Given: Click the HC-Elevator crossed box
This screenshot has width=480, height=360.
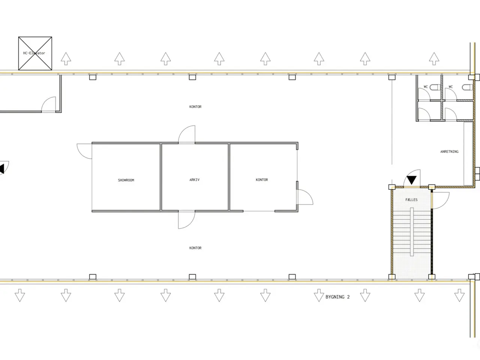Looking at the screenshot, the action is (x=35, y=53).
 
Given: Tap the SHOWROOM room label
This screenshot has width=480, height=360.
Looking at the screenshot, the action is (x=126, y=180).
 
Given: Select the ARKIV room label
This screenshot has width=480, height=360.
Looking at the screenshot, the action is (x=194, y=180).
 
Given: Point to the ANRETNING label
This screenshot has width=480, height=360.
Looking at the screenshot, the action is (x=449, y=151).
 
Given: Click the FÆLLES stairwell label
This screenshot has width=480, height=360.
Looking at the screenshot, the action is (x=411, y=199).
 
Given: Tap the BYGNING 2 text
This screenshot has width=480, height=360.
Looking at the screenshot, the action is (x=337, y=297).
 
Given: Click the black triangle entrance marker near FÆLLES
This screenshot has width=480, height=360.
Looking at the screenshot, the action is (x=411, y=180).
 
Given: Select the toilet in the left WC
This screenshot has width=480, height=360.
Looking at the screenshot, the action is (x=435, y=87).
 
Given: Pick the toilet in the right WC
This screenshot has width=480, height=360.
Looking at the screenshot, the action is (x=467, y=87).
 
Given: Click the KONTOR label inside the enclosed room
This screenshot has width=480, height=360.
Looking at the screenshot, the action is (x=262, y=180).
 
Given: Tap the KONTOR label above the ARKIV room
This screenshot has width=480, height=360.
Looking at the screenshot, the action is (x=195, y=106).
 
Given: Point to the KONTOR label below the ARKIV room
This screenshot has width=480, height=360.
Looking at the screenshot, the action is (x=195, y=248).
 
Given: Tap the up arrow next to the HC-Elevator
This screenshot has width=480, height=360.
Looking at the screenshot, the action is (x=66, y=58).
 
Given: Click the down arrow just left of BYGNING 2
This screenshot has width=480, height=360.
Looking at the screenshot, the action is (x=319, y=295).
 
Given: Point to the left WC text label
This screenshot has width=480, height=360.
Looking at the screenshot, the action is (x=426, y=87).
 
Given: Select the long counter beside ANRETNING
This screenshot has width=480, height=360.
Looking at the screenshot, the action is (x=468, y=154).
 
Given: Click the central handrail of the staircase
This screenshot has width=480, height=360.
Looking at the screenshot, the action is (x=412, y=232).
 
